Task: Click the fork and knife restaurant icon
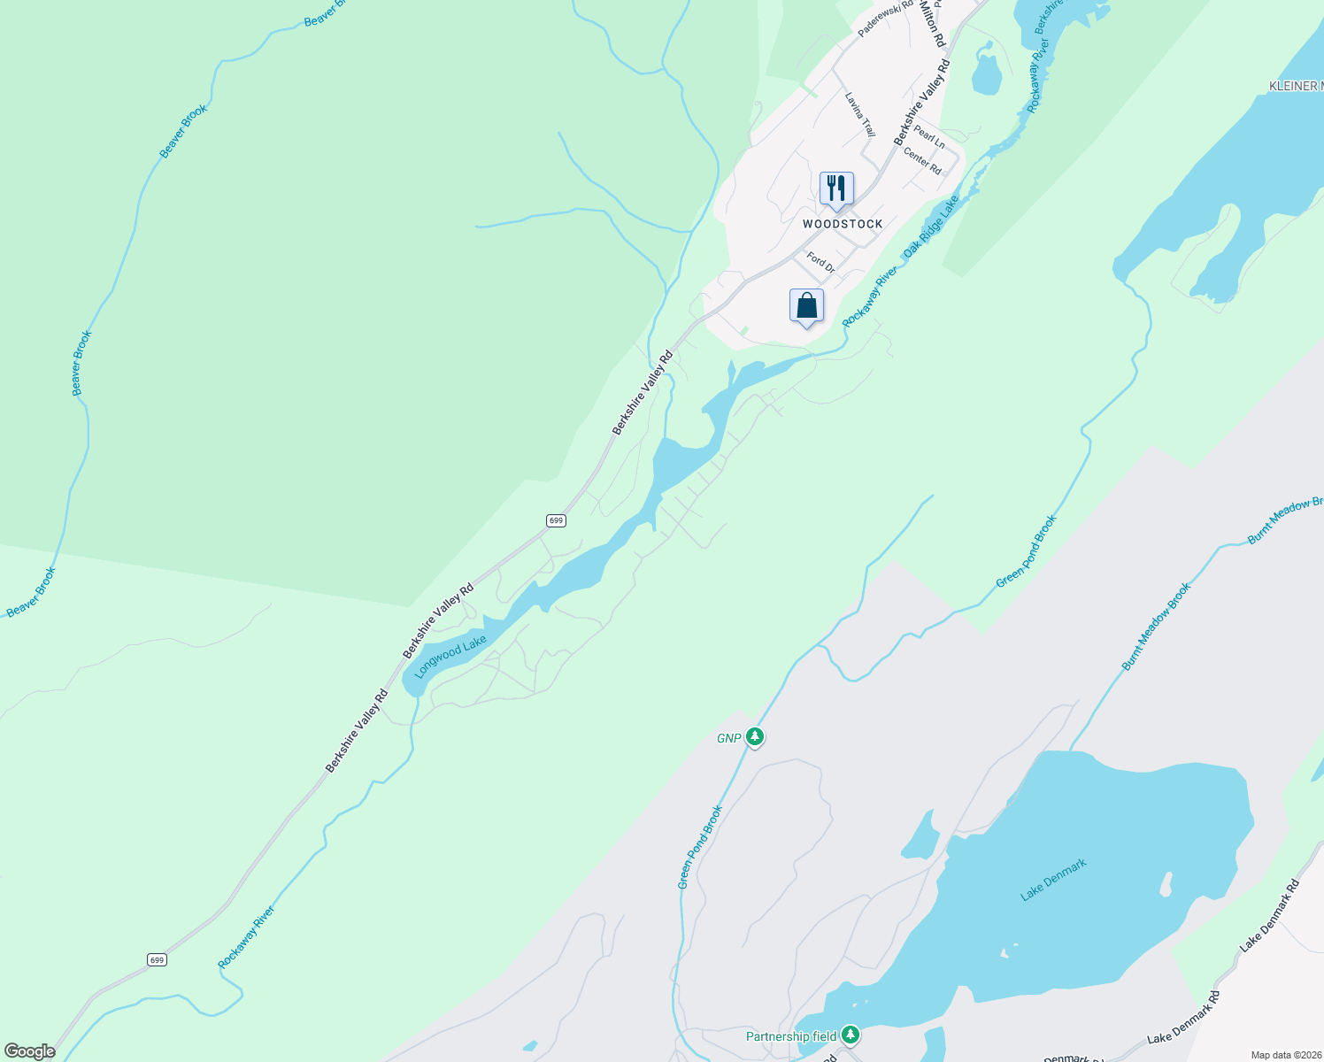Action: [836, 189]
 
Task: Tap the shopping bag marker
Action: [806, 306]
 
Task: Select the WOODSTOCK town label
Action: [843, 224]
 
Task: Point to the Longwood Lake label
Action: [450, 657]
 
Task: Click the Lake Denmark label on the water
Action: [1053, 880]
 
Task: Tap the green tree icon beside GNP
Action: [754, 736]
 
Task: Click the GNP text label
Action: [728, 738]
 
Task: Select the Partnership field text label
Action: [790, 1036]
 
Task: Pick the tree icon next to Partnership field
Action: [851, 1035]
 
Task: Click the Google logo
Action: [29, 1051]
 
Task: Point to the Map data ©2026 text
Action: [1286, 1055]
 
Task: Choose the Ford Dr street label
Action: [820, 262]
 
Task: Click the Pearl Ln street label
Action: [929, 137]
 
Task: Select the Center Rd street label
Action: [922, 161]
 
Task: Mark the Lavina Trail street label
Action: [859, 114]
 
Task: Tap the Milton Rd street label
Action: [933, 25]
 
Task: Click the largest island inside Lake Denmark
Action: [1166, 883]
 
